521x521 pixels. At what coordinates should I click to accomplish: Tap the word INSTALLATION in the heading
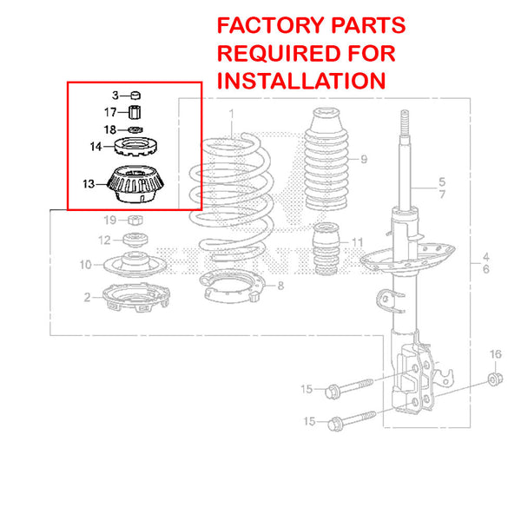pos(300,81)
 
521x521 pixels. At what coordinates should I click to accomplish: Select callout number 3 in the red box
pos(114,95)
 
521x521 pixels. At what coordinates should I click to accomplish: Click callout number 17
pos(110,112)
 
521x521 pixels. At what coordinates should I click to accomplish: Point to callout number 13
pos(89,183)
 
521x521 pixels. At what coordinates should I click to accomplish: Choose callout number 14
pos(96,147)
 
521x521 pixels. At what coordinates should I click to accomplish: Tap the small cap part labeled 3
pos(135,95)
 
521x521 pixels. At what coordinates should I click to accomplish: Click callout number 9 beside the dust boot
pos(364,158)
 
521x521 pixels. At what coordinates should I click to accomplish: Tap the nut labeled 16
pos(493,379)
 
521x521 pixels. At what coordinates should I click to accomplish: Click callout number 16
pos(495,353)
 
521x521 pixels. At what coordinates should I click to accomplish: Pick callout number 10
pos(85,265)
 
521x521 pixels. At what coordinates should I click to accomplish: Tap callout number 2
pos(87,298)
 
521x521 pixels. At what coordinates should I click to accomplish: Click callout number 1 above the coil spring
pos(232,114)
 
